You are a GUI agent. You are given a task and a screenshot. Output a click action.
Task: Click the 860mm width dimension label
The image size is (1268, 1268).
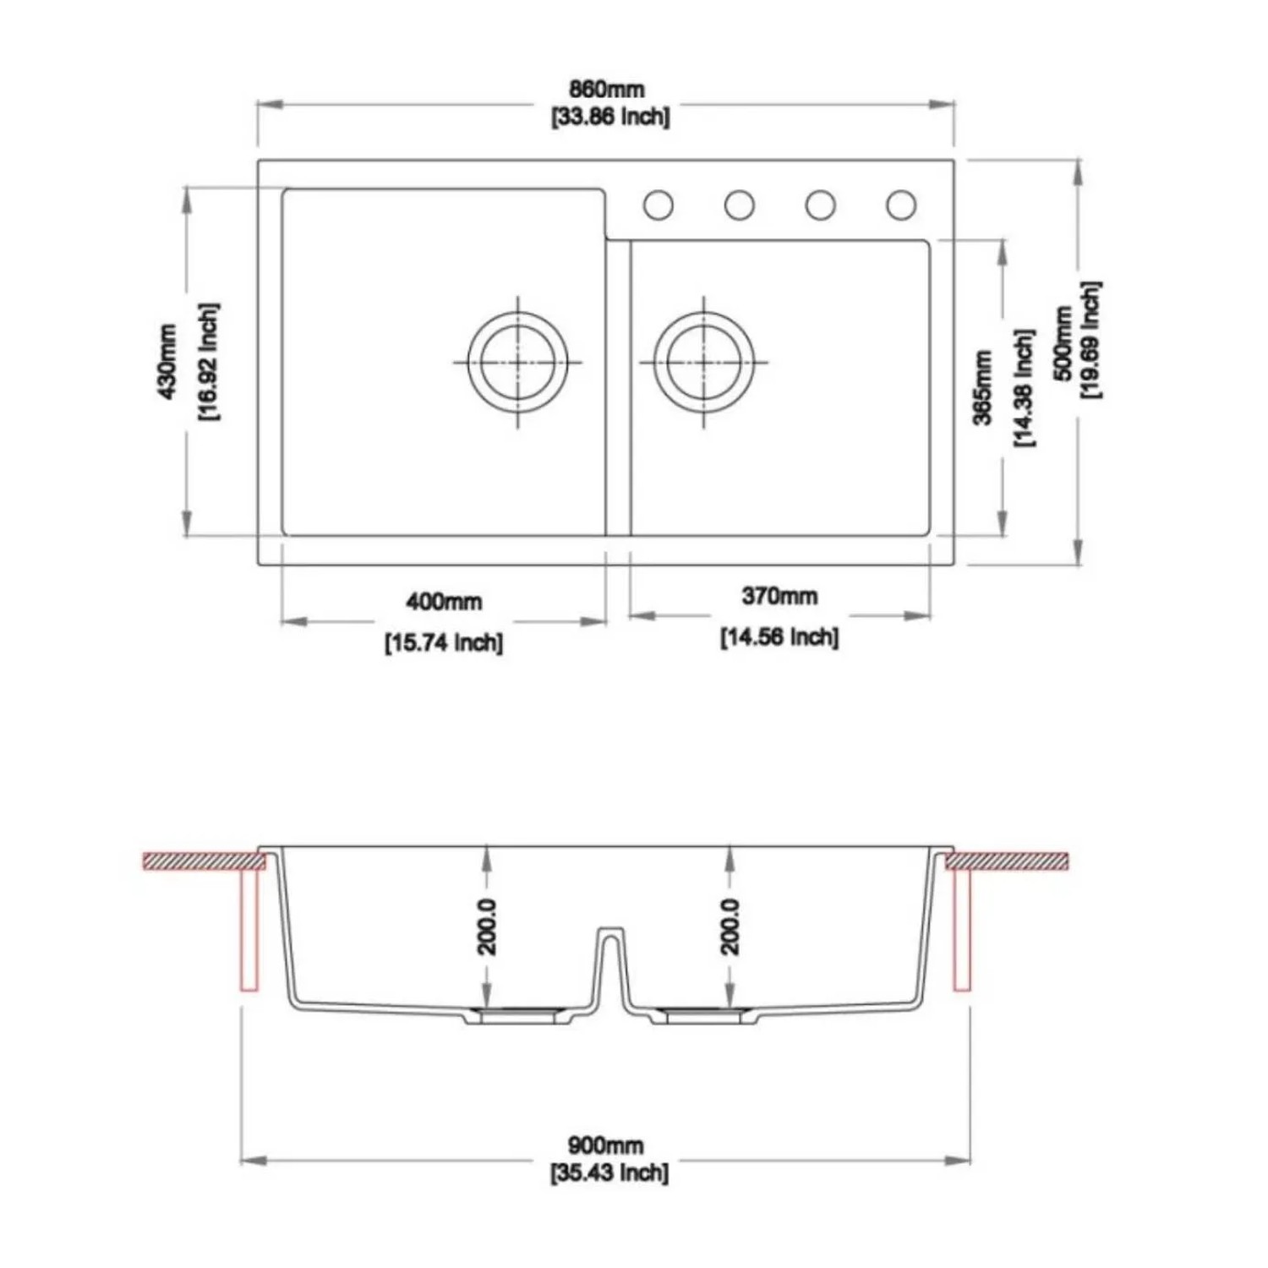[x=606, y=89]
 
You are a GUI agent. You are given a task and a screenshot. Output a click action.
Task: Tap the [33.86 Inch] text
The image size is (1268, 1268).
[x=610, y=117]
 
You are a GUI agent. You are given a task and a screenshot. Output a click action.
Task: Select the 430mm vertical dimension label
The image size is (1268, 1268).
[x=167, y=362]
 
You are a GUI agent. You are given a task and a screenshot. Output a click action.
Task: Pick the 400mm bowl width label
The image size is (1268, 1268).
[x=444, y=602]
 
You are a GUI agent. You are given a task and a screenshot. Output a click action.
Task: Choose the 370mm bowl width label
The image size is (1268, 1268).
[x=779, y=596]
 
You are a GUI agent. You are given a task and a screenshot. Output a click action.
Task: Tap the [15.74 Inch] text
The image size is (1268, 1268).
[x=444, y=643]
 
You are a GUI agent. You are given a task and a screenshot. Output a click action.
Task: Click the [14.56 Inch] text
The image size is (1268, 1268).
[x=779, y=637]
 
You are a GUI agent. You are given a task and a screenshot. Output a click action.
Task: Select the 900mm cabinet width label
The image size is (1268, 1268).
[x=605, y=1145]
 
